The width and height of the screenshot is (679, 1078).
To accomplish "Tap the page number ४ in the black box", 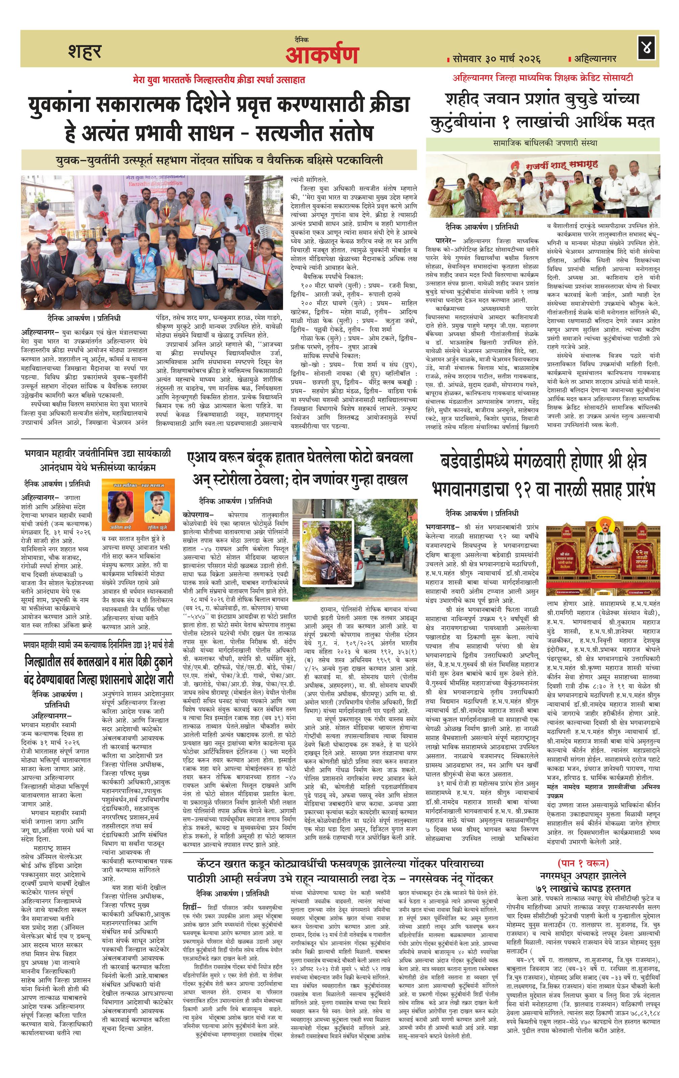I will tap(646, 48).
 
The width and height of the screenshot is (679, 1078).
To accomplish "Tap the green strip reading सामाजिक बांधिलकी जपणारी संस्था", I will tap(542, 143).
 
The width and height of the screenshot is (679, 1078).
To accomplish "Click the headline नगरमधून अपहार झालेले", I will tap(583, 876).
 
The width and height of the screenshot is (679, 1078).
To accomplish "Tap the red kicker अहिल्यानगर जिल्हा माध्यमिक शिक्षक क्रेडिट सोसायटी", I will tap(543, 78).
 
